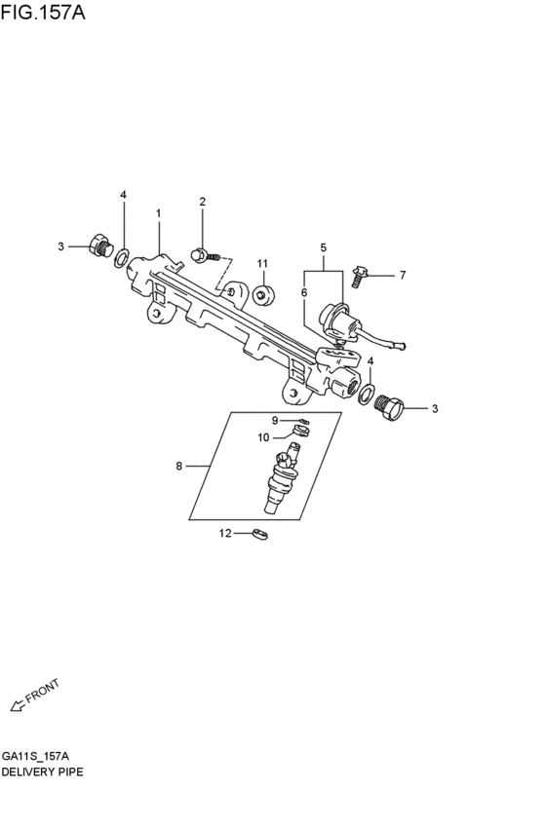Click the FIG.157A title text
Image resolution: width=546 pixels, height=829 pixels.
point(43,13)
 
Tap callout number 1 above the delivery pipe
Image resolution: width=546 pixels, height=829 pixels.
point(158,213)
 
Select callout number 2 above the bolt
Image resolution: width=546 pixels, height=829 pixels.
point(202,202)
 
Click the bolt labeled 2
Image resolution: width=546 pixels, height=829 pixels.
point(207,256)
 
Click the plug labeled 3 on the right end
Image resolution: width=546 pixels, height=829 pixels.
point(389,407)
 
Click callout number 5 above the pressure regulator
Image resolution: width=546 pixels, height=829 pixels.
point(324,247)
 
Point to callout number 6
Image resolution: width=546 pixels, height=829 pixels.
point(303,292)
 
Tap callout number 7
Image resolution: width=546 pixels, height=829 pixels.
point(403,275)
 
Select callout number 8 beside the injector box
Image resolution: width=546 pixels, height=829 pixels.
point(178,466)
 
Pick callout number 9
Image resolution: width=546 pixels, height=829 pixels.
point(275,420)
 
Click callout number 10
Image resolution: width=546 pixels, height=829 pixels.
point(263,437)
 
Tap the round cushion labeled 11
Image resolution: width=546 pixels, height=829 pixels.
point(263,295)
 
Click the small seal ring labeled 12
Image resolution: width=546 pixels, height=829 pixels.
point(259,534)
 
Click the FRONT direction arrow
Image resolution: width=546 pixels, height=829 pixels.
point(18,704)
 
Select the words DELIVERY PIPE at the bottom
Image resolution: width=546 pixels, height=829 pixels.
point(42,772)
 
